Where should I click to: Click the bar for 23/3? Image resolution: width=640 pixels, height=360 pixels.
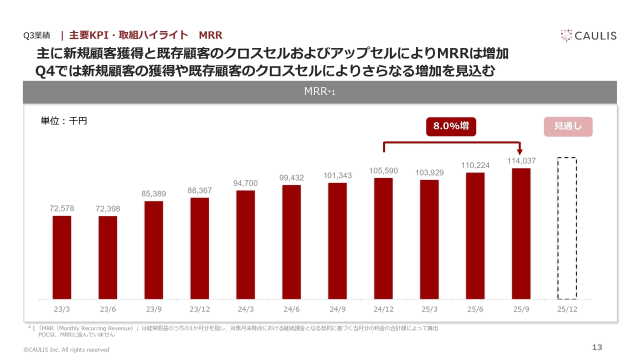coord(62,257)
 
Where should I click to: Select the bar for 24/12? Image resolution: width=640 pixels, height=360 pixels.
coord(383,238)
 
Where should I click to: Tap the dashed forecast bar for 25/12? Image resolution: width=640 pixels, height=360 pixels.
coord(567,228)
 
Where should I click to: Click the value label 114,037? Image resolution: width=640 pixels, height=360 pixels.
coord(521,161)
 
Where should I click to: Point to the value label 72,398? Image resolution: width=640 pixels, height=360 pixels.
coord(108,209)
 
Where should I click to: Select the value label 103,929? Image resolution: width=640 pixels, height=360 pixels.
coord(429,172)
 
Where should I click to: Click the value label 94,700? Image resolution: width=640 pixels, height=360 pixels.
coord(245,183)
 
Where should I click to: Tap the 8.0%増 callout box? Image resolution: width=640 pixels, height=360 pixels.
coord(451,126)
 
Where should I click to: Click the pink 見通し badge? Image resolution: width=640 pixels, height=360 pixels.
coord(567,126)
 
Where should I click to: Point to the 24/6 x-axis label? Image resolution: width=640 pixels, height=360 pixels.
coord(291,309)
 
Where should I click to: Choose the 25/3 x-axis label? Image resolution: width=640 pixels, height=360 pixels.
coord(429,309)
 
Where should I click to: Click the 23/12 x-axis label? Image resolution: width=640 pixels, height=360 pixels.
coord(199,309)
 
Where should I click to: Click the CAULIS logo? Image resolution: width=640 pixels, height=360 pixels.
coord(588,35)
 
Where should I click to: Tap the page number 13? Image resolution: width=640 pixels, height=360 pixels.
coord(597,347)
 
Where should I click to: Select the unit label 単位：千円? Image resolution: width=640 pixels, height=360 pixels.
coord(63,120)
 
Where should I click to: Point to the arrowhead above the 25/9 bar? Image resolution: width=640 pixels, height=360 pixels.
coord(519,151)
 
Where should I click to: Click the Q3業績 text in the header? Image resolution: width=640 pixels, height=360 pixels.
coord(37,36)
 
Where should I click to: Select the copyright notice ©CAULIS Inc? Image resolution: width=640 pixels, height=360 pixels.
coord(66,349)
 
